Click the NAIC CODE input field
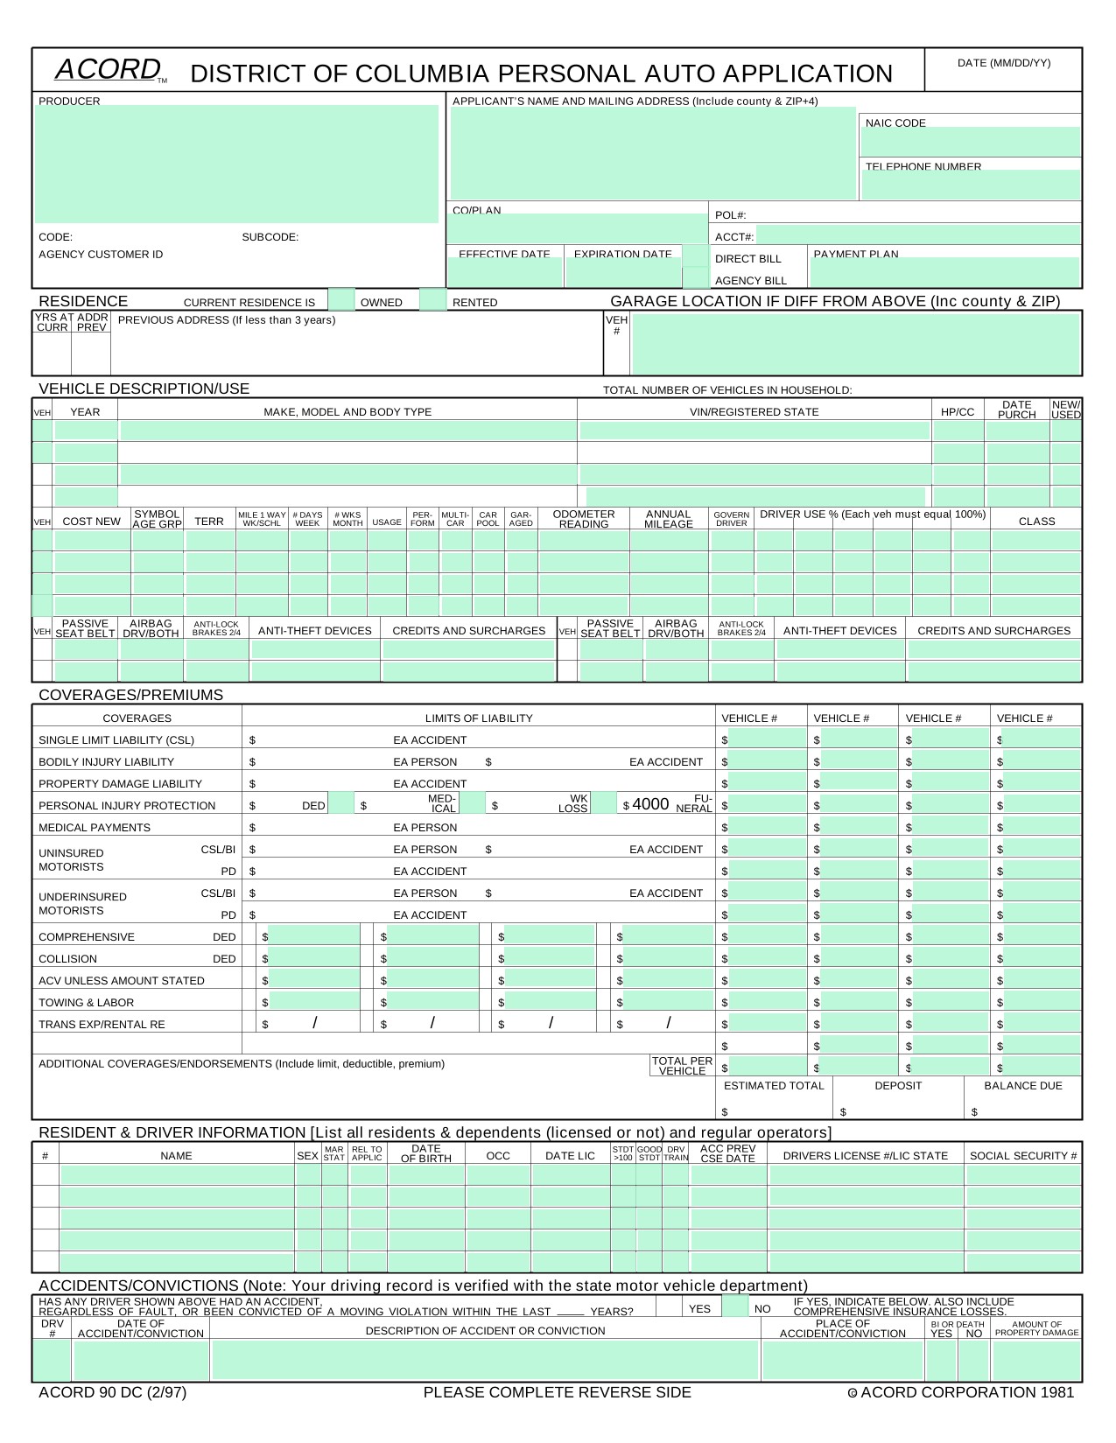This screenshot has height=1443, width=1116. (x=971, y=143)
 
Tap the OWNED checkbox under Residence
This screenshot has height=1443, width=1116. (x=341, y=300)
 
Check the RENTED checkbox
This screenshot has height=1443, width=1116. (x=432, y=300)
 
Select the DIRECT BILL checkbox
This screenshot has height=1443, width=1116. (x=695, y=256)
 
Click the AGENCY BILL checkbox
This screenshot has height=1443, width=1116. (x=695, y=278)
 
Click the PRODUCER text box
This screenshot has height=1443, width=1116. (x=236, y=165)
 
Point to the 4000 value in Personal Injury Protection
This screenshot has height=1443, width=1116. (x=650, y=804)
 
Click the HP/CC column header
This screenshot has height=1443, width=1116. (x=958, y=411)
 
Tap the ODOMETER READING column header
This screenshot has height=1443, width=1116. (x=584, y=519)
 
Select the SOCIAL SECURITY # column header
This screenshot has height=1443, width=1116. (x=1023, y=1155)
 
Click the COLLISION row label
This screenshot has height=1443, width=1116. (x=68, y=958)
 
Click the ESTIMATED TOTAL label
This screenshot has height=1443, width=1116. (x=774, y=1085)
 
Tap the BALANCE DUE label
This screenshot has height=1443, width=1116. (x=1022, y=1085)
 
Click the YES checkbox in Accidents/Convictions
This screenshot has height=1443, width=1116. (x=669, y=1306)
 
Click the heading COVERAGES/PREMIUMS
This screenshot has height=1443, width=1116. (x=131, y=695)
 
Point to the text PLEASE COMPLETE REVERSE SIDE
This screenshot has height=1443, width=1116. (x=557, y=1392)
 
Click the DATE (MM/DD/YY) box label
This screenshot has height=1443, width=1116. (x=1003, y=63)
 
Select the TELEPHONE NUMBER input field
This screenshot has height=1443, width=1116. (x=971, y=186)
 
